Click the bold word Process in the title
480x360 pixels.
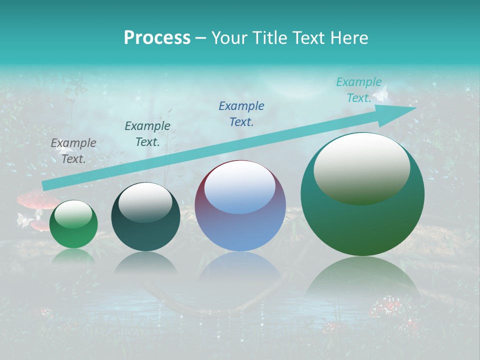(157, 38)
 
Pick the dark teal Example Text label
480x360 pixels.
(147, 134)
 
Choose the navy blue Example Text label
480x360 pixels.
(241, 114)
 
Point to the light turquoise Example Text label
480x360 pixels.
(358, 90)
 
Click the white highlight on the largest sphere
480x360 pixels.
(361, 169)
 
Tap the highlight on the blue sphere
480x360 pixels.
(240, 187)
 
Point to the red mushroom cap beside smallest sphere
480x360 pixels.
(36, 199)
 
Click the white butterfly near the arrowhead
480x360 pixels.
(382, 93)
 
